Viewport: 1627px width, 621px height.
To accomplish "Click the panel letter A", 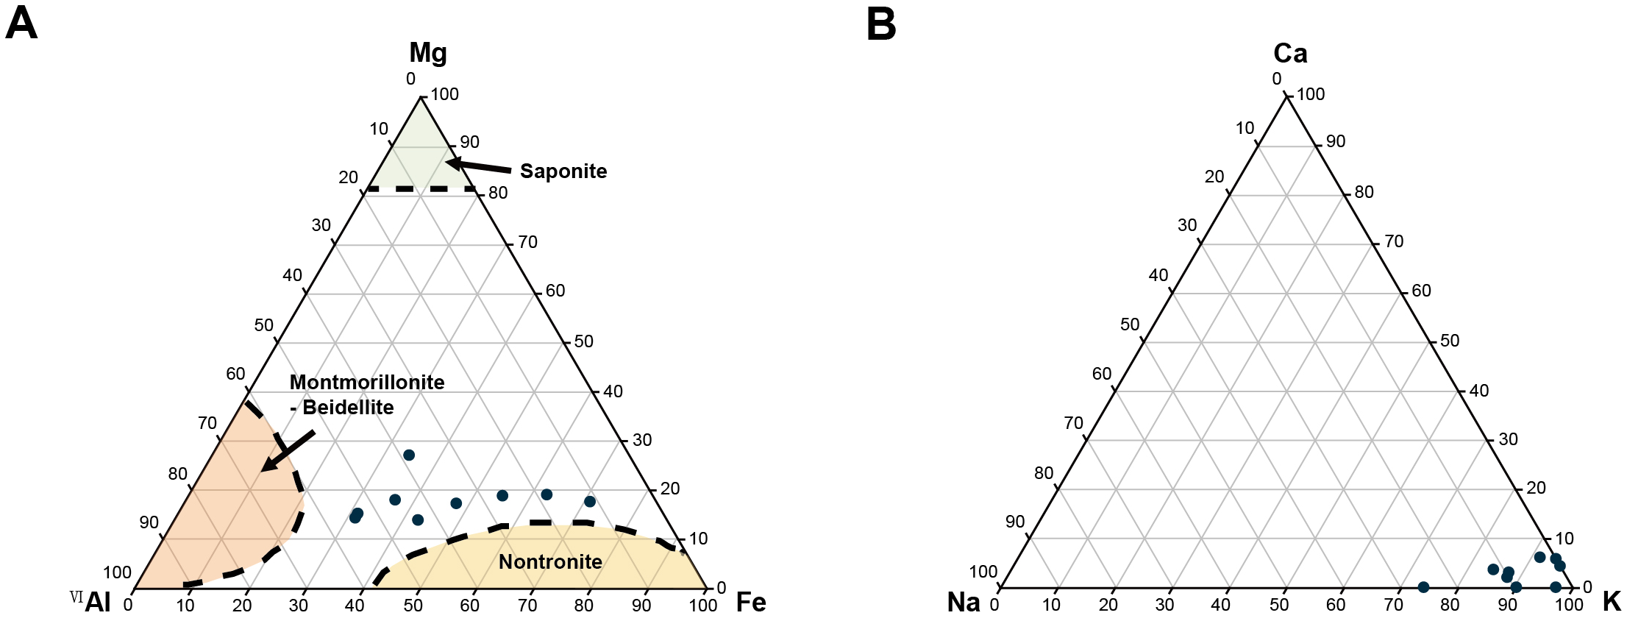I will [21, 24].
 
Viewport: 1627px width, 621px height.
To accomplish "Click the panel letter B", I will [881, 24].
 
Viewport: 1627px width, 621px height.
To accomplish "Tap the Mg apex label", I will [427, 52].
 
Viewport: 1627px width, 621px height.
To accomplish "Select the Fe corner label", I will [751, 603].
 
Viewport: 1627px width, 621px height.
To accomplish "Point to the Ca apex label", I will [1290, 53].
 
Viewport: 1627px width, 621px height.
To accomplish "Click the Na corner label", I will [964, 603].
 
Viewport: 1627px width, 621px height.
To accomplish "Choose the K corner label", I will [1612, 602].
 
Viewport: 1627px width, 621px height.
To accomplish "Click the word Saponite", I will [563, 171].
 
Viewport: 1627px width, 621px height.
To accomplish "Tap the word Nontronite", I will [550, 562].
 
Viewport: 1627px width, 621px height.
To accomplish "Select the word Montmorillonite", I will [367, 383].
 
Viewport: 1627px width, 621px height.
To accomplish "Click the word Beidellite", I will [348, 408].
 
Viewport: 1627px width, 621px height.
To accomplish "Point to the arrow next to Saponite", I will [478, 166].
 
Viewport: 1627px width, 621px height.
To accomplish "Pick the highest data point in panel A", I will [409, 455].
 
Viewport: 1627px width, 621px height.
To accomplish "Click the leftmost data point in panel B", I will [1423, 587].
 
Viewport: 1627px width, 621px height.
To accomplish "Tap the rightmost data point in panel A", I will [590, 502].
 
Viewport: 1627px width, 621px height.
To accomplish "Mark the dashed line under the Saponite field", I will [421, 189].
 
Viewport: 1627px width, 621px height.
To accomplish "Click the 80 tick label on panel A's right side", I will [498, 193].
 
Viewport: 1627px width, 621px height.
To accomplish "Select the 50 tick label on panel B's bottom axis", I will [1279, 606].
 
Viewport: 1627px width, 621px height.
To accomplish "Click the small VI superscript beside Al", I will [76, 597].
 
